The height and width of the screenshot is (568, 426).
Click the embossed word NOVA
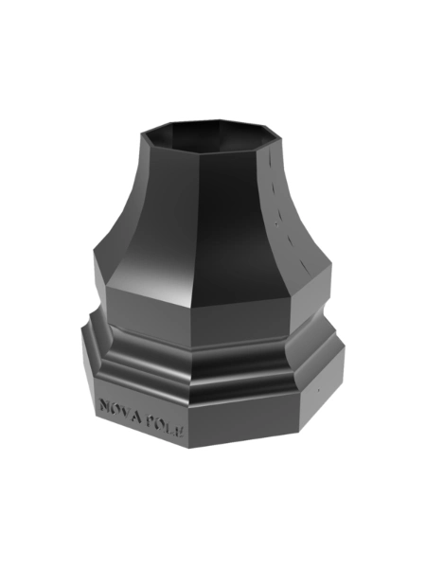(x=120, y=411)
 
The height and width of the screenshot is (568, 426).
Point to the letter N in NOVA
(x=104, y=406)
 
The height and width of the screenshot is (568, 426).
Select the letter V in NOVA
(x=126, y=412)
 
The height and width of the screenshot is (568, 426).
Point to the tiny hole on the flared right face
(x=276, y=220)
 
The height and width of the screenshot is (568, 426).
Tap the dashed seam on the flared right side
(x=284, y=208)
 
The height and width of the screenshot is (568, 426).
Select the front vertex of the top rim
(x=196, y=152)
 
